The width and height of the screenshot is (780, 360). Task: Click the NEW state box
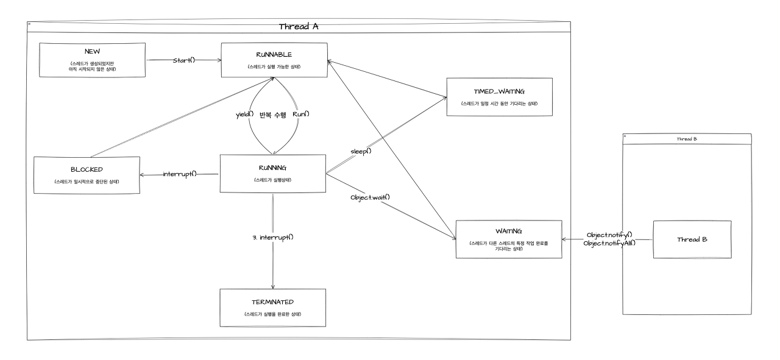(x=91, y=60)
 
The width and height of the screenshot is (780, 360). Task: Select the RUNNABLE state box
(x=273, y=60)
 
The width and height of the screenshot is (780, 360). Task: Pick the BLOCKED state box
(x=86, y=175)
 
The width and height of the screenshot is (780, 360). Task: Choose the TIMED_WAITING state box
(x=498, y=96)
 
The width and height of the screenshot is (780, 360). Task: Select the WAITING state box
(x=508, y=239)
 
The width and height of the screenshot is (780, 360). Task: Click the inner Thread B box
(x=692, y=239)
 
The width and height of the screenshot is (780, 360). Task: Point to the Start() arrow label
(x=183, y=60)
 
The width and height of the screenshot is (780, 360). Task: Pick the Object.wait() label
(x=370, y=197)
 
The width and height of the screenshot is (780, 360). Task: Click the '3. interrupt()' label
(x=272, y=236)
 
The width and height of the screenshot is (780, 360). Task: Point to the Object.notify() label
(x=610, y=235)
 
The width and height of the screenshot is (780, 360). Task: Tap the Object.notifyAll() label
(x=610, y=243)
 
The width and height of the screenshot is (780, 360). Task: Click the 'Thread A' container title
(x=299, y=27)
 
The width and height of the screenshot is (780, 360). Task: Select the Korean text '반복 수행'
(x=272, y=115)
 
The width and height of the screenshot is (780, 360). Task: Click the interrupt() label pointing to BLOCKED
(x=180, y=174)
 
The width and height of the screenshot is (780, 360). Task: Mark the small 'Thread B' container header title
(x=687, y=139)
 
